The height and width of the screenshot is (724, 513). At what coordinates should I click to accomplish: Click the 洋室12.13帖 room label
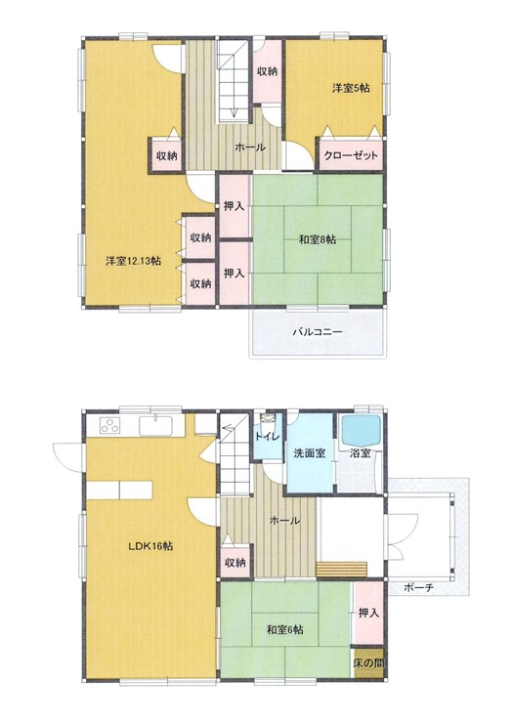tap(133, 261)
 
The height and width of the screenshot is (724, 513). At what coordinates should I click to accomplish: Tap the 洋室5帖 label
tap(351, 88)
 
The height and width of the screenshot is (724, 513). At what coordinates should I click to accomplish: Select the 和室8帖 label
tap(318, 239)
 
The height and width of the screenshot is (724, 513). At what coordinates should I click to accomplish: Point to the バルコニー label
tap(318, 332)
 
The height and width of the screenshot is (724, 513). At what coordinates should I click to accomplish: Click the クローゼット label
tap(351, 155)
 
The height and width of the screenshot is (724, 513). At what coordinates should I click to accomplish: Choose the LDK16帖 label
tap(150, 546)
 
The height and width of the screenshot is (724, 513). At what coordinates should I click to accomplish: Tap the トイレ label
tap(268, 437)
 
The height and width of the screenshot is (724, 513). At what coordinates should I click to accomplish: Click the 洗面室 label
tap(310, 453)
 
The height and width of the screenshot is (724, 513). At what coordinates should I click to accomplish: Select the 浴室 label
tap(361, 453)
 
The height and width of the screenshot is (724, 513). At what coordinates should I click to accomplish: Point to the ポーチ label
tap(419, 588)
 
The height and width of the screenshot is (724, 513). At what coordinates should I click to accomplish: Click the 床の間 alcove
tap(368, 663)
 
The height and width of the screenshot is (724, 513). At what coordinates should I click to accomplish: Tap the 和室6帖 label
tap(285, 629)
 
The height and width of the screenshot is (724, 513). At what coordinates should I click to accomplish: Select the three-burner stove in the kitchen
tap(110, 425)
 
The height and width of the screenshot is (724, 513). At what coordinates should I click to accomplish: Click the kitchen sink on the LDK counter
tap(155, 424)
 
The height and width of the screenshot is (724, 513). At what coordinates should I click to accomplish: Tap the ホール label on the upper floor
tap(250, 148)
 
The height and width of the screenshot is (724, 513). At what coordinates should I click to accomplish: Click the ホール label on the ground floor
tap(284, 521)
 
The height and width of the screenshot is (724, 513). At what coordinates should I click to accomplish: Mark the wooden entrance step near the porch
tap(342, 569)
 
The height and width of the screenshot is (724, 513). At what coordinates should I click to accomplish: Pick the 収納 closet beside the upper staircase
tap(268, 71)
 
